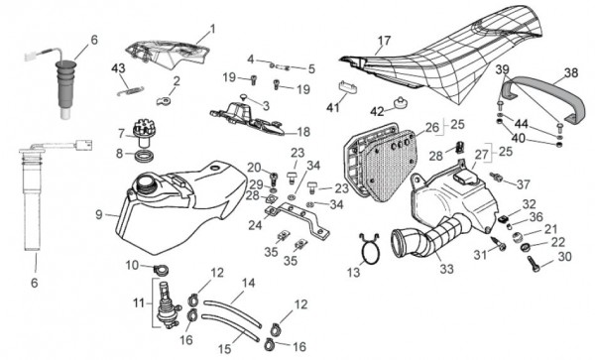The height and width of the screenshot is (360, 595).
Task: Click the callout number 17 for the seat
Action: (x=384, y=41)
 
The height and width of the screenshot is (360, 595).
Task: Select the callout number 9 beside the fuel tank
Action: (x=98, y=214)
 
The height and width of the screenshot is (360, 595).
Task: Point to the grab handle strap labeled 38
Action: (x=541, y=97)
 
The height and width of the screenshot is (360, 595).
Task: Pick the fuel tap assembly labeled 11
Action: (x=167, y=306)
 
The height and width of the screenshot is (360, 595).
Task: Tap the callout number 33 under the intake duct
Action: (x=446, y=269)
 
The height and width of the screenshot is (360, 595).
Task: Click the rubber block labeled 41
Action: (x=348, y=86)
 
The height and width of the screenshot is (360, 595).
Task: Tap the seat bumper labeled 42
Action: (x=400, y=102)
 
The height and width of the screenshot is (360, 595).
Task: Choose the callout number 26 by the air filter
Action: (x=431, y=128)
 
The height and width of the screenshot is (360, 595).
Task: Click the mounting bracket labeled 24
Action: (x=297, y=219)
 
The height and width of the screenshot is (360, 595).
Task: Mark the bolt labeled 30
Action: (x=534, y=264)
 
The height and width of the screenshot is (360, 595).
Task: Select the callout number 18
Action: (x=303, y=132)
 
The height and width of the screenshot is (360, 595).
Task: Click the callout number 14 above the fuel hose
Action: (x=249, y=283)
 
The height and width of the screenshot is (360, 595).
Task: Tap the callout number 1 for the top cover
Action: (x=212, y=29)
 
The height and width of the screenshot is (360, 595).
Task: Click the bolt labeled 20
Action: (x=274, y=177)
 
